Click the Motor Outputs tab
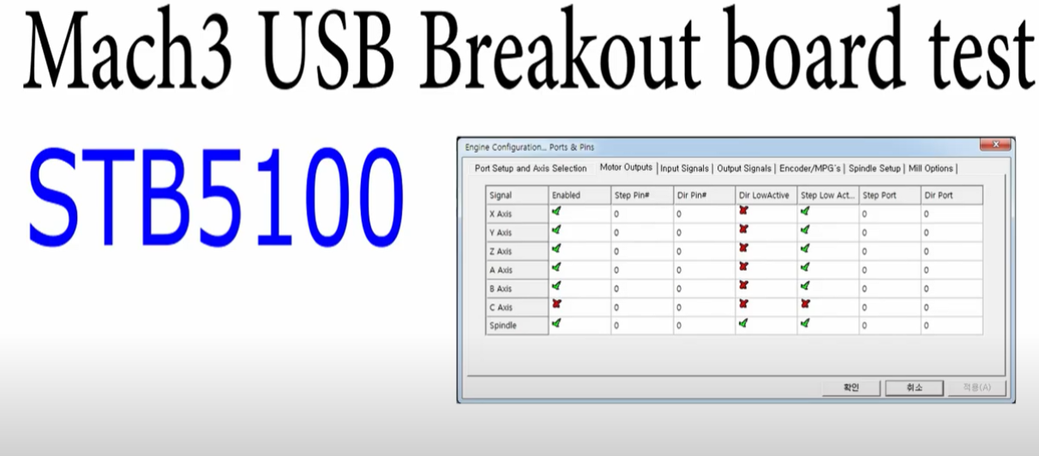coord(626,167)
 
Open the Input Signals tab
coord(684,168)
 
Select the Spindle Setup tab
coord(874,168)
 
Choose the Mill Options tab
coord(930,168)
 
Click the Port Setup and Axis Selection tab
coord(531,168)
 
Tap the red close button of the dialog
coord(995,145)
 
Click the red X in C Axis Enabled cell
coord(556,303)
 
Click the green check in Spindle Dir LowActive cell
coord(743,323)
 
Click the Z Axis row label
coord(501,251)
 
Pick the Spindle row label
coord(503,326)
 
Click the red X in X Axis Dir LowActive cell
coord(743,211)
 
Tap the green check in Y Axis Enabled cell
coord(556,230)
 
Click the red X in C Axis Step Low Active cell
coord(805,303)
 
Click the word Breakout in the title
coord(560,49)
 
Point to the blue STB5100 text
coord(216,196)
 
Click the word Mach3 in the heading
coord(128,49)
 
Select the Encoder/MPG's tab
coord(809,168)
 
